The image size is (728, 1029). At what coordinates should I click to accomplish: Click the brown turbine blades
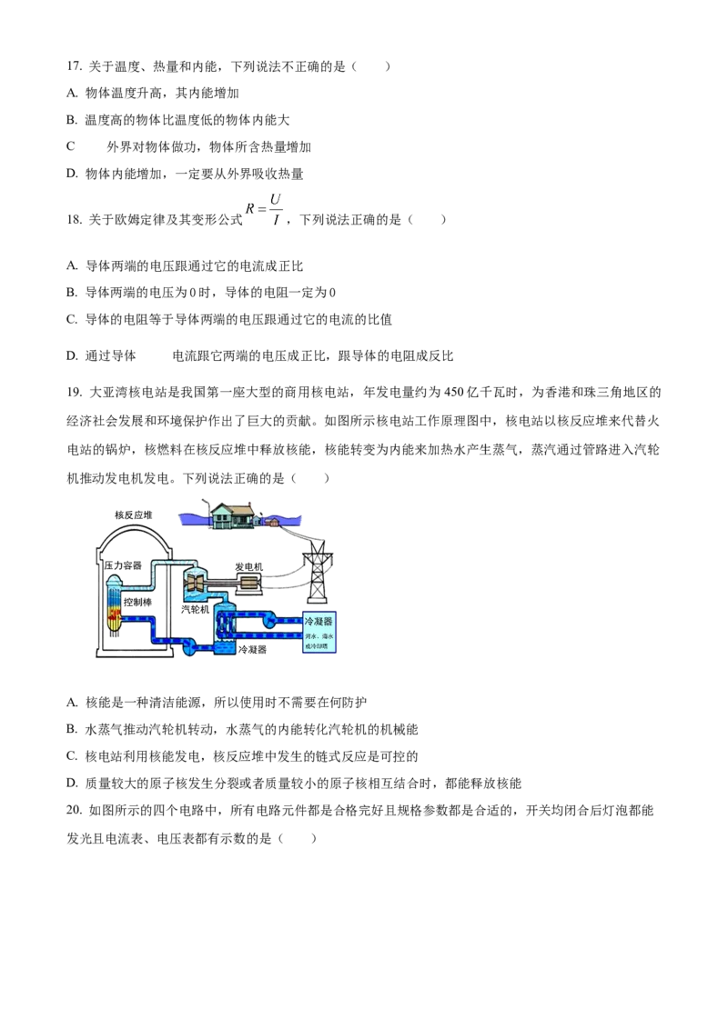tap(195, 581)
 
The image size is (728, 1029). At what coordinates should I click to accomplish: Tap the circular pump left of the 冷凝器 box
tap(270, 621)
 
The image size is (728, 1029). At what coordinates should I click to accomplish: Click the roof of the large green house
tap(221, 507)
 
